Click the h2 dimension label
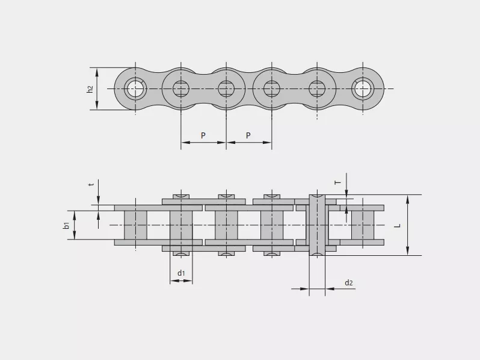point(90,89)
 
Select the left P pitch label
point(203,135)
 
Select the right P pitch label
point(248,135)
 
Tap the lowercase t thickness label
point(91,185)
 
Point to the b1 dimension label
point(66,225)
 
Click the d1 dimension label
point(181,273)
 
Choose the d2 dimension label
point(349,282)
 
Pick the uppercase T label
point(337,182)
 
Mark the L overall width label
point(398,226)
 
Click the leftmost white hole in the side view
point(135,89)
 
